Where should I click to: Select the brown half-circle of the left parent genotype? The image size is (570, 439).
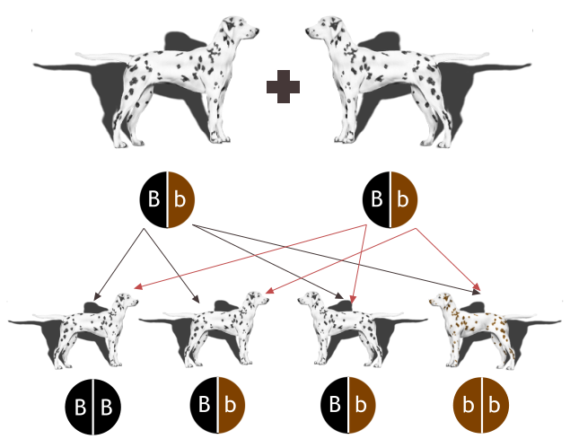[180, 198]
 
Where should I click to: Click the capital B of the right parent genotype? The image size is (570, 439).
[378, 198]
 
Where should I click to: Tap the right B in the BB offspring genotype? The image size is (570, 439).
[106, 407]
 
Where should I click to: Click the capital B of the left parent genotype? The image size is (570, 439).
[153, 198]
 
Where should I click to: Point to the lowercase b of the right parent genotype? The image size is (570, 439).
[403, 198]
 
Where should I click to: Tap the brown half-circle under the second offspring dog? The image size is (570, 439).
[233, 405]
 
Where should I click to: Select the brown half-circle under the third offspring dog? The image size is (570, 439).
[362, 405]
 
